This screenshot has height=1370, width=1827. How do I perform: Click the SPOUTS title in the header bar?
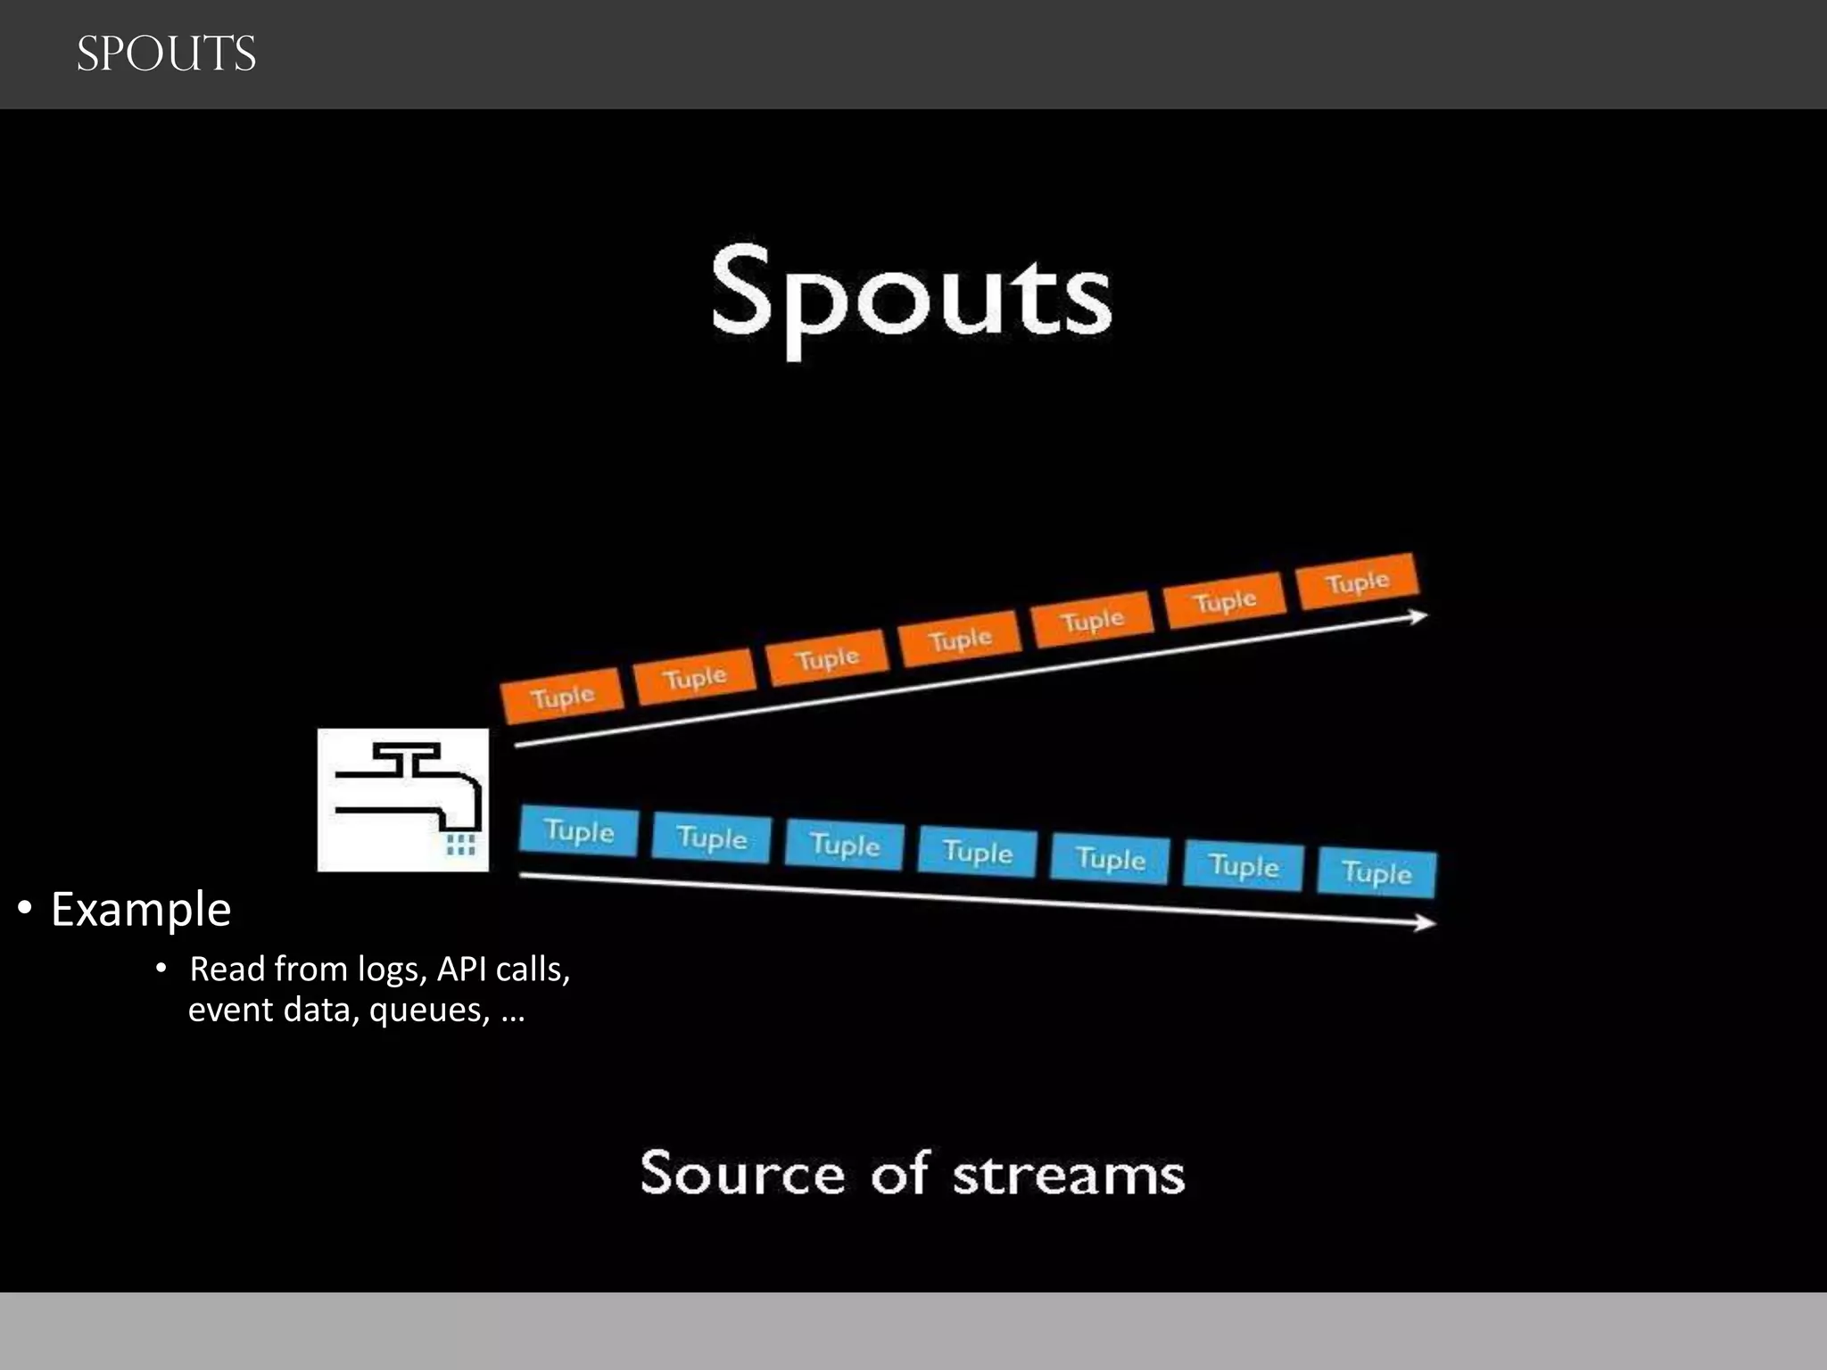click(x=166, y=54)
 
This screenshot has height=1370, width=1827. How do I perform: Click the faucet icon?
click(x=403, y=799)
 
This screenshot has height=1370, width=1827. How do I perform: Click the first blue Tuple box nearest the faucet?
click(x=579, y=831)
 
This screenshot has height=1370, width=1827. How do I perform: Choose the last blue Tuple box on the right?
click(x=1376, y=872)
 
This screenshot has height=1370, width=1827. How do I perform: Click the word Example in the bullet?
click(x=141, y=909)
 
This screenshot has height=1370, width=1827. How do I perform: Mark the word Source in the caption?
click(x=742, y=1174)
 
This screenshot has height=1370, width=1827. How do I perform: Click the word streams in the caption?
click(x=1069, y=1174)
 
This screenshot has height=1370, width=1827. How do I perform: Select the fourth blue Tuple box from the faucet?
click(x=978, y=852)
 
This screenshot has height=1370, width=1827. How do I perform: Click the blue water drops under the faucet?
click(x=460, y=844)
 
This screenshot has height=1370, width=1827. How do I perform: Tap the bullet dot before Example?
click(x=25, y=909)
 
